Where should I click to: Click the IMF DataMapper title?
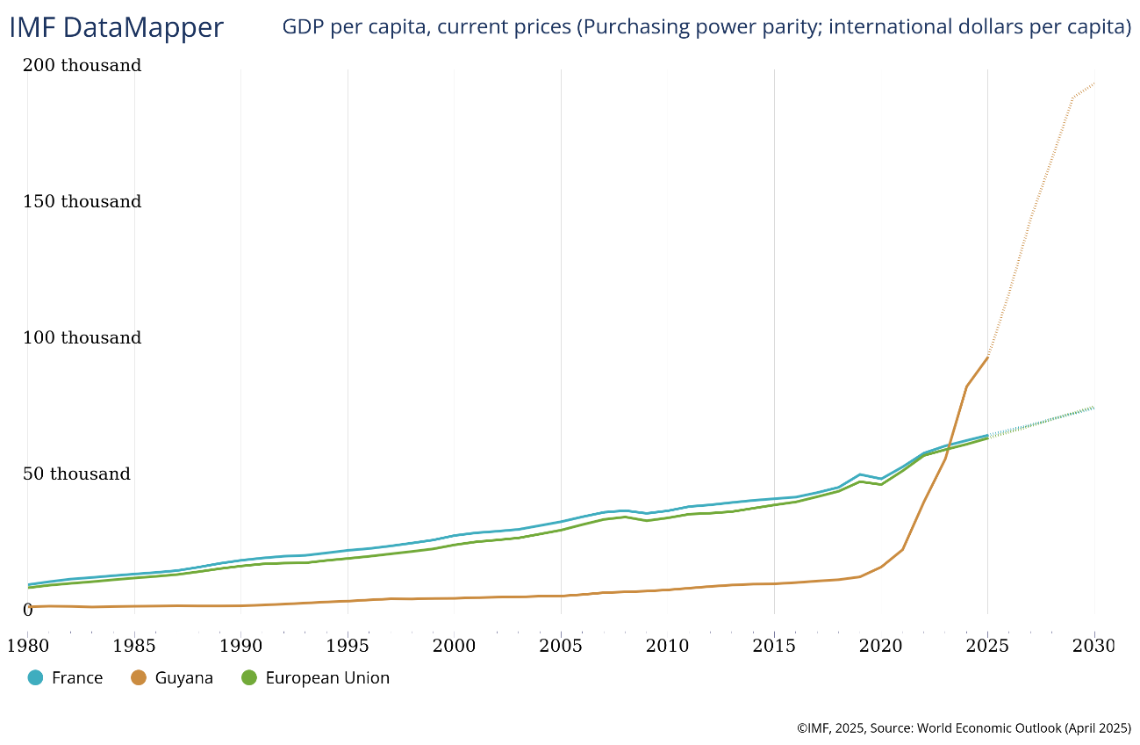coord(117,27)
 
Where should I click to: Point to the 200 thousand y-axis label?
coord(82,66)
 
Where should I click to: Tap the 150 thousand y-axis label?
coord(82,202)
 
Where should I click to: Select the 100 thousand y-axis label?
coord(82,338)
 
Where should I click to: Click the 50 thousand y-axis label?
coord(77,474)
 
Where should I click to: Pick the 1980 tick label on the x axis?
coord(27,646)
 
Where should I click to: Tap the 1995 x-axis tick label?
coord(348,646)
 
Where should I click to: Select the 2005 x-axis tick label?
coord(561,646)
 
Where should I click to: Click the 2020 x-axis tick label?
coord(881,646)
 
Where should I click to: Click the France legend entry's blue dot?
coord(36,678)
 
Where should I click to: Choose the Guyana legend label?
coord(184,678)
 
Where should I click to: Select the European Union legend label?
coord(327,678)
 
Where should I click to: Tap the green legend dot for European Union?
coord(249,678)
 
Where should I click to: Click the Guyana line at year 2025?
coord(988,357)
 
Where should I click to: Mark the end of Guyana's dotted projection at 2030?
coord(1094,83)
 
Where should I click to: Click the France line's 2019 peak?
coord(860,474)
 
